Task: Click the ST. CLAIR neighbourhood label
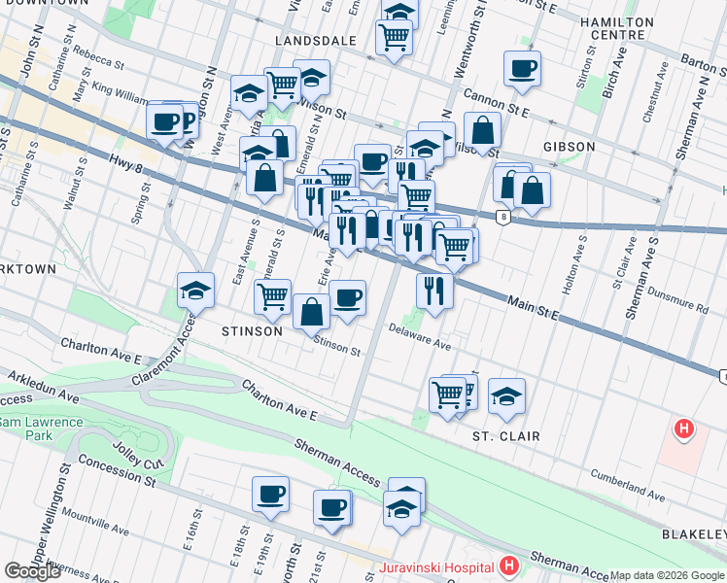[x=506, y=436]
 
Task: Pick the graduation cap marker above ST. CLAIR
[x=506, y=396]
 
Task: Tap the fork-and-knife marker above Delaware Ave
[x=434, y=290]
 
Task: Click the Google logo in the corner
[x=32, y=571]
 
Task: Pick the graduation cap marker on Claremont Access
[x=195, y=290]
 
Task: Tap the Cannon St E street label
[x=496, y=103]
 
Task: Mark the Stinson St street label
[x=337, y=345]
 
